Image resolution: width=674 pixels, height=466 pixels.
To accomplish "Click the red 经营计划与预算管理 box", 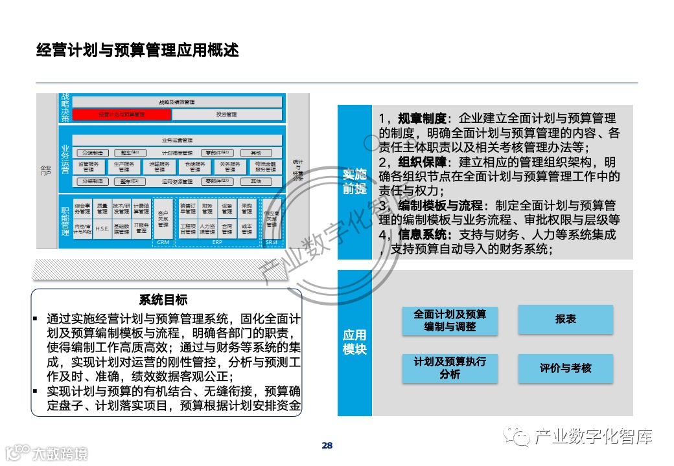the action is [122, 115].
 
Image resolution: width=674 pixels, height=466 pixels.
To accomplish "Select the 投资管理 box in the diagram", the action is [227, 115].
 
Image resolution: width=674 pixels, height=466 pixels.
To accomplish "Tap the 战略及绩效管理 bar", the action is [177, 102].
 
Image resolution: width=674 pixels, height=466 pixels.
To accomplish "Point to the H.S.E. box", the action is [102, 228].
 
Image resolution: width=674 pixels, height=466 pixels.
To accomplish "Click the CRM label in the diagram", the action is [163, 243].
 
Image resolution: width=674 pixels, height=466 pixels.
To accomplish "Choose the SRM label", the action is [271, 243].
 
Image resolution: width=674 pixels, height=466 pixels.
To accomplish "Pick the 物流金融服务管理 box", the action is [265, 167].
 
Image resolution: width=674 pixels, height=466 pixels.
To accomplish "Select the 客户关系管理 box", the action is [163, 218].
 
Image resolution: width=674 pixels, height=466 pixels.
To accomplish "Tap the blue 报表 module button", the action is [565, 320].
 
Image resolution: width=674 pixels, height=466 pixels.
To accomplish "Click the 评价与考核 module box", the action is [565, 368].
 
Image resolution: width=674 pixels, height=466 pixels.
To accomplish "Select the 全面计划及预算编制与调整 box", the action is [450, 320].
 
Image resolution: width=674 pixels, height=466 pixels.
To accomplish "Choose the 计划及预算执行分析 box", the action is [450, 368].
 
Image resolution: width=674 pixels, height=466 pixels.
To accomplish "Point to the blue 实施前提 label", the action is [354, 181].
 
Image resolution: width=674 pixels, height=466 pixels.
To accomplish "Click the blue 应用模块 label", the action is [354, 342].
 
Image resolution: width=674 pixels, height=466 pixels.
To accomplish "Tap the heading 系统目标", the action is [163, 300].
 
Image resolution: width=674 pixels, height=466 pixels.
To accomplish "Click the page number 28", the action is [327, 445].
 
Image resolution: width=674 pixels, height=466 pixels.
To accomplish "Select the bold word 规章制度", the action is [423, 118].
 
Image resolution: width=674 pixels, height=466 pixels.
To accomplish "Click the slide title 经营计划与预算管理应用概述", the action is [137, 50].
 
